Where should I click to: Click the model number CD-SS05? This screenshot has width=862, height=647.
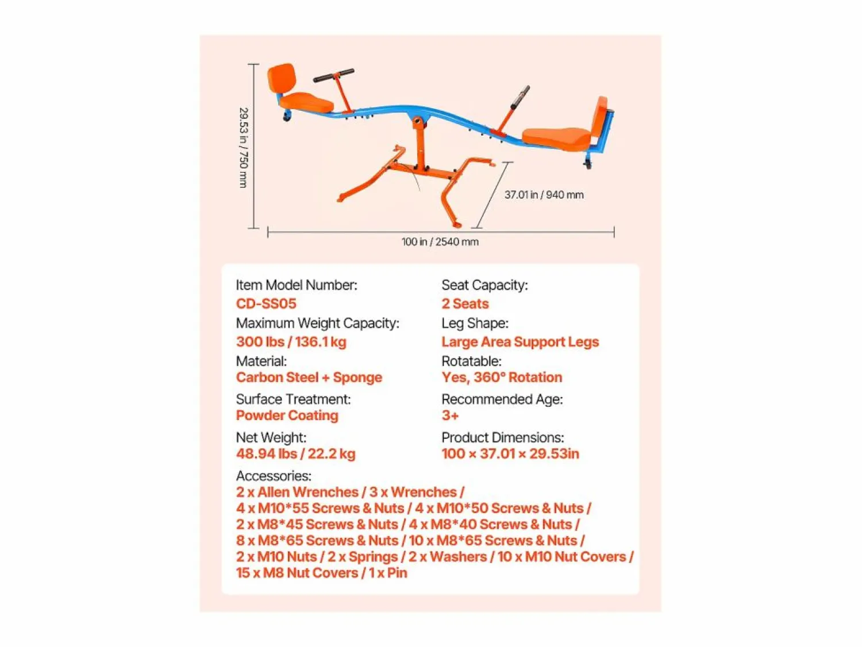point(266,303)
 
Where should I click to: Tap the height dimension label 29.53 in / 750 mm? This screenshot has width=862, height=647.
point(244,148)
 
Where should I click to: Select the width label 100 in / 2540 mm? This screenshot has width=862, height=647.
point(440,241)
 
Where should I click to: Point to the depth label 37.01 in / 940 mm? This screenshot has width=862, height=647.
point(544,194)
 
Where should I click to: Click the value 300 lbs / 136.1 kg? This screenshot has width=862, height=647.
point(291,341)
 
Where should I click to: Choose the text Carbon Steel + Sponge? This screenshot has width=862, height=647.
point(309,378)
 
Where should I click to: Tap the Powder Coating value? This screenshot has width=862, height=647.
point(287,415)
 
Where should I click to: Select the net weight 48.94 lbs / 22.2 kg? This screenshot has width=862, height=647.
point(296,453)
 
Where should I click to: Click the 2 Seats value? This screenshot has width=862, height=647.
point(465,303)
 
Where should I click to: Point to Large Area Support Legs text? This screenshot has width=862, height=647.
point(520,341)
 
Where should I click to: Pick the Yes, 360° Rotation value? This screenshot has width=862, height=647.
point(502,378)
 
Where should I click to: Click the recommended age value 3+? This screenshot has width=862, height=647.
point(450,415)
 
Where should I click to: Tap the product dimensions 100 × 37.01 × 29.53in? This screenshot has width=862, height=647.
point(510,453)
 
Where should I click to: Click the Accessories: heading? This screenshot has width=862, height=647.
point(274,476)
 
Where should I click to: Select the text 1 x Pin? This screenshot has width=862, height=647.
point(388,573)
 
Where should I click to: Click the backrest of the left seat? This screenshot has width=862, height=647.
point(281,79)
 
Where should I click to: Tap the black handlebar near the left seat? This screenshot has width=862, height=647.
point(333,75)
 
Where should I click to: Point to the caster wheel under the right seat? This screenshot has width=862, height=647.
point(587,164)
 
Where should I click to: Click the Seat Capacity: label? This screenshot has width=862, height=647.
point(484,285)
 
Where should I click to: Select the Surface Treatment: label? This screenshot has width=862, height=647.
point(293,399)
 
